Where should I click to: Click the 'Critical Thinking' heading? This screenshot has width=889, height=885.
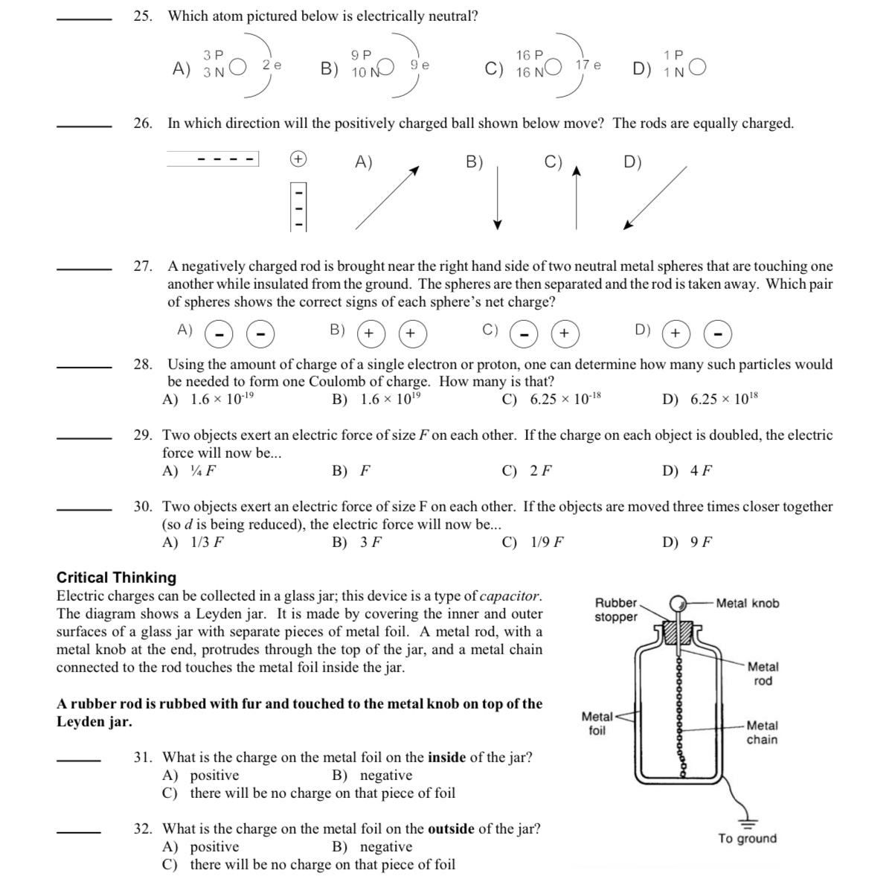[x=117, y=578]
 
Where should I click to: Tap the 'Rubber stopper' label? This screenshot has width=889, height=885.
[x=616, y=610]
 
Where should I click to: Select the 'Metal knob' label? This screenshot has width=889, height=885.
[x=747, y=604]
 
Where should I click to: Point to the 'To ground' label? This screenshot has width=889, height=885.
[x=747, y=839]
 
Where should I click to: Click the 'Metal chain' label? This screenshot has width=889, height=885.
[x=762, y=732]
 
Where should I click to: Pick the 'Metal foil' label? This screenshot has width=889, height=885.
[x=597, y=723]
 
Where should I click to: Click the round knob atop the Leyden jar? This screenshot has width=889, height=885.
[x=678, y=604]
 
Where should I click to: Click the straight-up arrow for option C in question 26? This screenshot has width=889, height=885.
[x=575, y=197]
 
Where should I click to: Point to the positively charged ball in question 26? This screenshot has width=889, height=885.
[x=298, y=159]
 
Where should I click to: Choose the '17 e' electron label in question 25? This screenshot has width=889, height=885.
[x=588, y=66]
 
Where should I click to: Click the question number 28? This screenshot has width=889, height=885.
[x=143, y=365]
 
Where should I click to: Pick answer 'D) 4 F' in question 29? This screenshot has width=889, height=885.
[x=687, y=471]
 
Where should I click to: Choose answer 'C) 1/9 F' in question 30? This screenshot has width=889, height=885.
[x=533, y=543]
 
